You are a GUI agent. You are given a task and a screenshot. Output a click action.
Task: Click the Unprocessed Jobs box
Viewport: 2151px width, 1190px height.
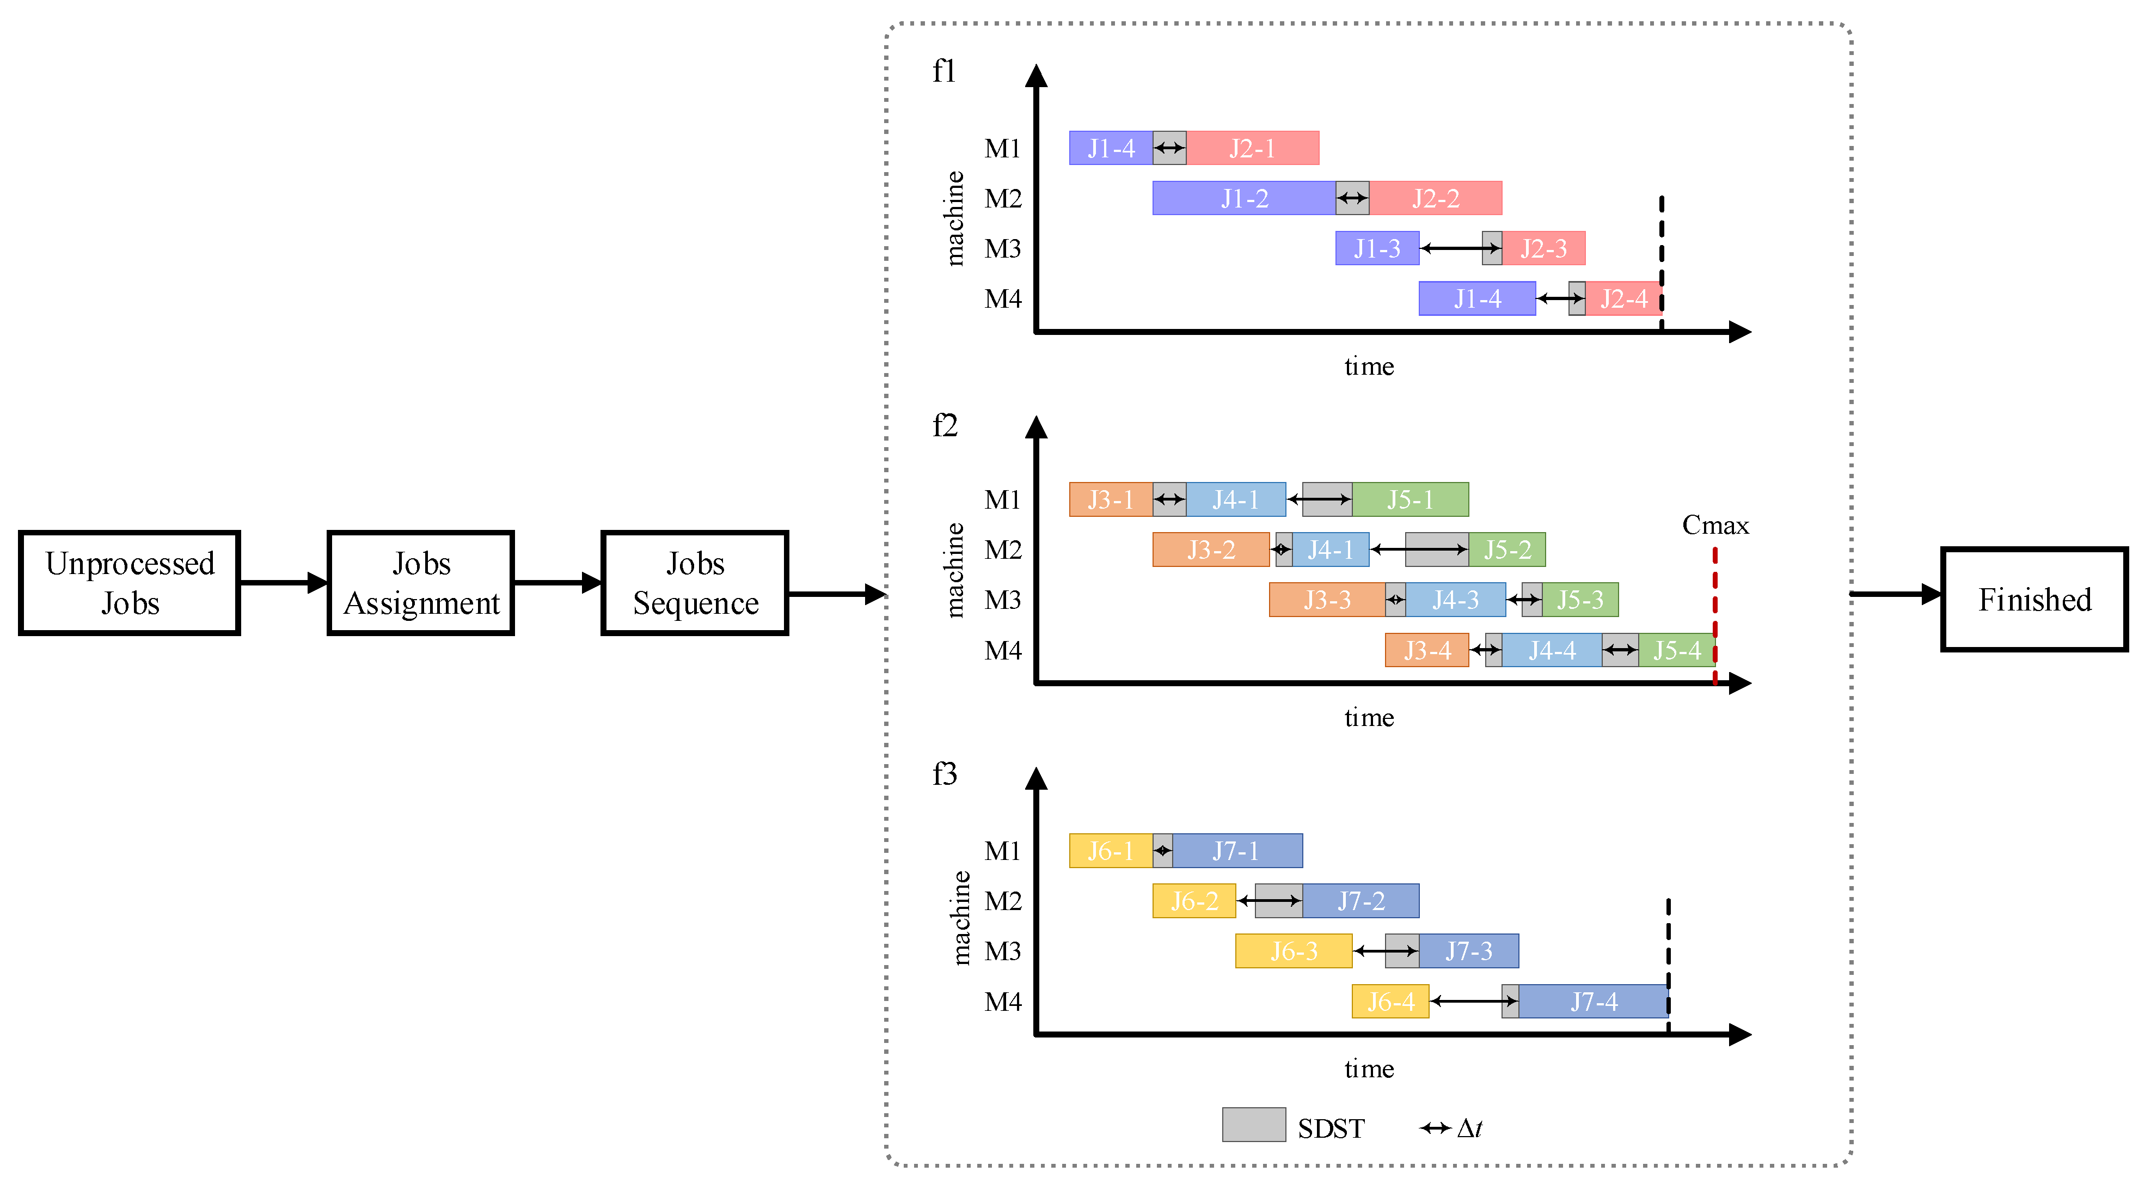(130, 583)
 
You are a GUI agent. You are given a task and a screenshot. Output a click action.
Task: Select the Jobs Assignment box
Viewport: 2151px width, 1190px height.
(421, 583)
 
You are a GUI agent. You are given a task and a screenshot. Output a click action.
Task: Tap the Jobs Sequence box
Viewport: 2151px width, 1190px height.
(695, 583)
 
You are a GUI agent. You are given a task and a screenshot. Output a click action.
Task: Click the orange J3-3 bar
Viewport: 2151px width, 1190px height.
(1326, 600)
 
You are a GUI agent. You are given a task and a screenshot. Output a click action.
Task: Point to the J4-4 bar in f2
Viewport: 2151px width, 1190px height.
(1552, 650)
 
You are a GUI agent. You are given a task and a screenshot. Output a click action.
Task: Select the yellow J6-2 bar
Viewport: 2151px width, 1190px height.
(1194, 900)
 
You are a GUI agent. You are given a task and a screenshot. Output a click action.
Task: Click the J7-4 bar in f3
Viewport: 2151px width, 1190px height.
(1593, 1001)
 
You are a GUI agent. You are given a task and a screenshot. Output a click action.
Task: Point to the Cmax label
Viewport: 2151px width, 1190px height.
(1715, 524)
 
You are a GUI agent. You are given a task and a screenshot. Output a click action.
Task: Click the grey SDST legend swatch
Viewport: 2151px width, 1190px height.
(1253, 1124)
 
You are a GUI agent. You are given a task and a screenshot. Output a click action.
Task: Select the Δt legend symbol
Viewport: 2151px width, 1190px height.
(1436, 1128)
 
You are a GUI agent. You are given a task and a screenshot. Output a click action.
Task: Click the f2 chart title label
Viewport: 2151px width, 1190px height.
(945, 426)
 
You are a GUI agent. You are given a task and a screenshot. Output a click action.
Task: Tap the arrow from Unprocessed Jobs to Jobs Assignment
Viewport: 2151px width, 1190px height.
(283, 582)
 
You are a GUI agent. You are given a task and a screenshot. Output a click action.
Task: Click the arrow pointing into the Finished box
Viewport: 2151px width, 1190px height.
(1896, 595)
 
